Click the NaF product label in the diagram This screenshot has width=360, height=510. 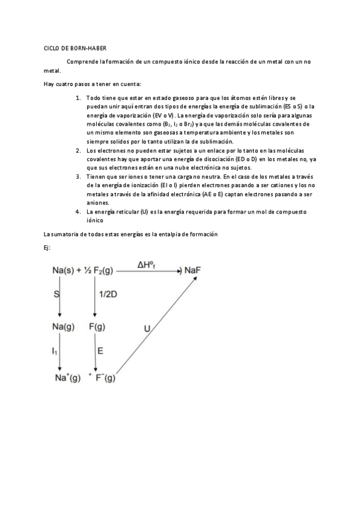tap(192, 271)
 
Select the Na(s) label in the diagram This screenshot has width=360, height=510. tap(64, 272)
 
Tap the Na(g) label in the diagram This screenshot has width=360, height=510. tap(63, 327)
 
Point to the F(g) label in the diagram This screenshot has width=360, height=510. tap(96, 327)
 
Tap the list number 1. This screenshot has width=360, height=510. tap(78, 97)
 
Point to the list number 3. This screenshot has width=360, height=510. tap(78, 177)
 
